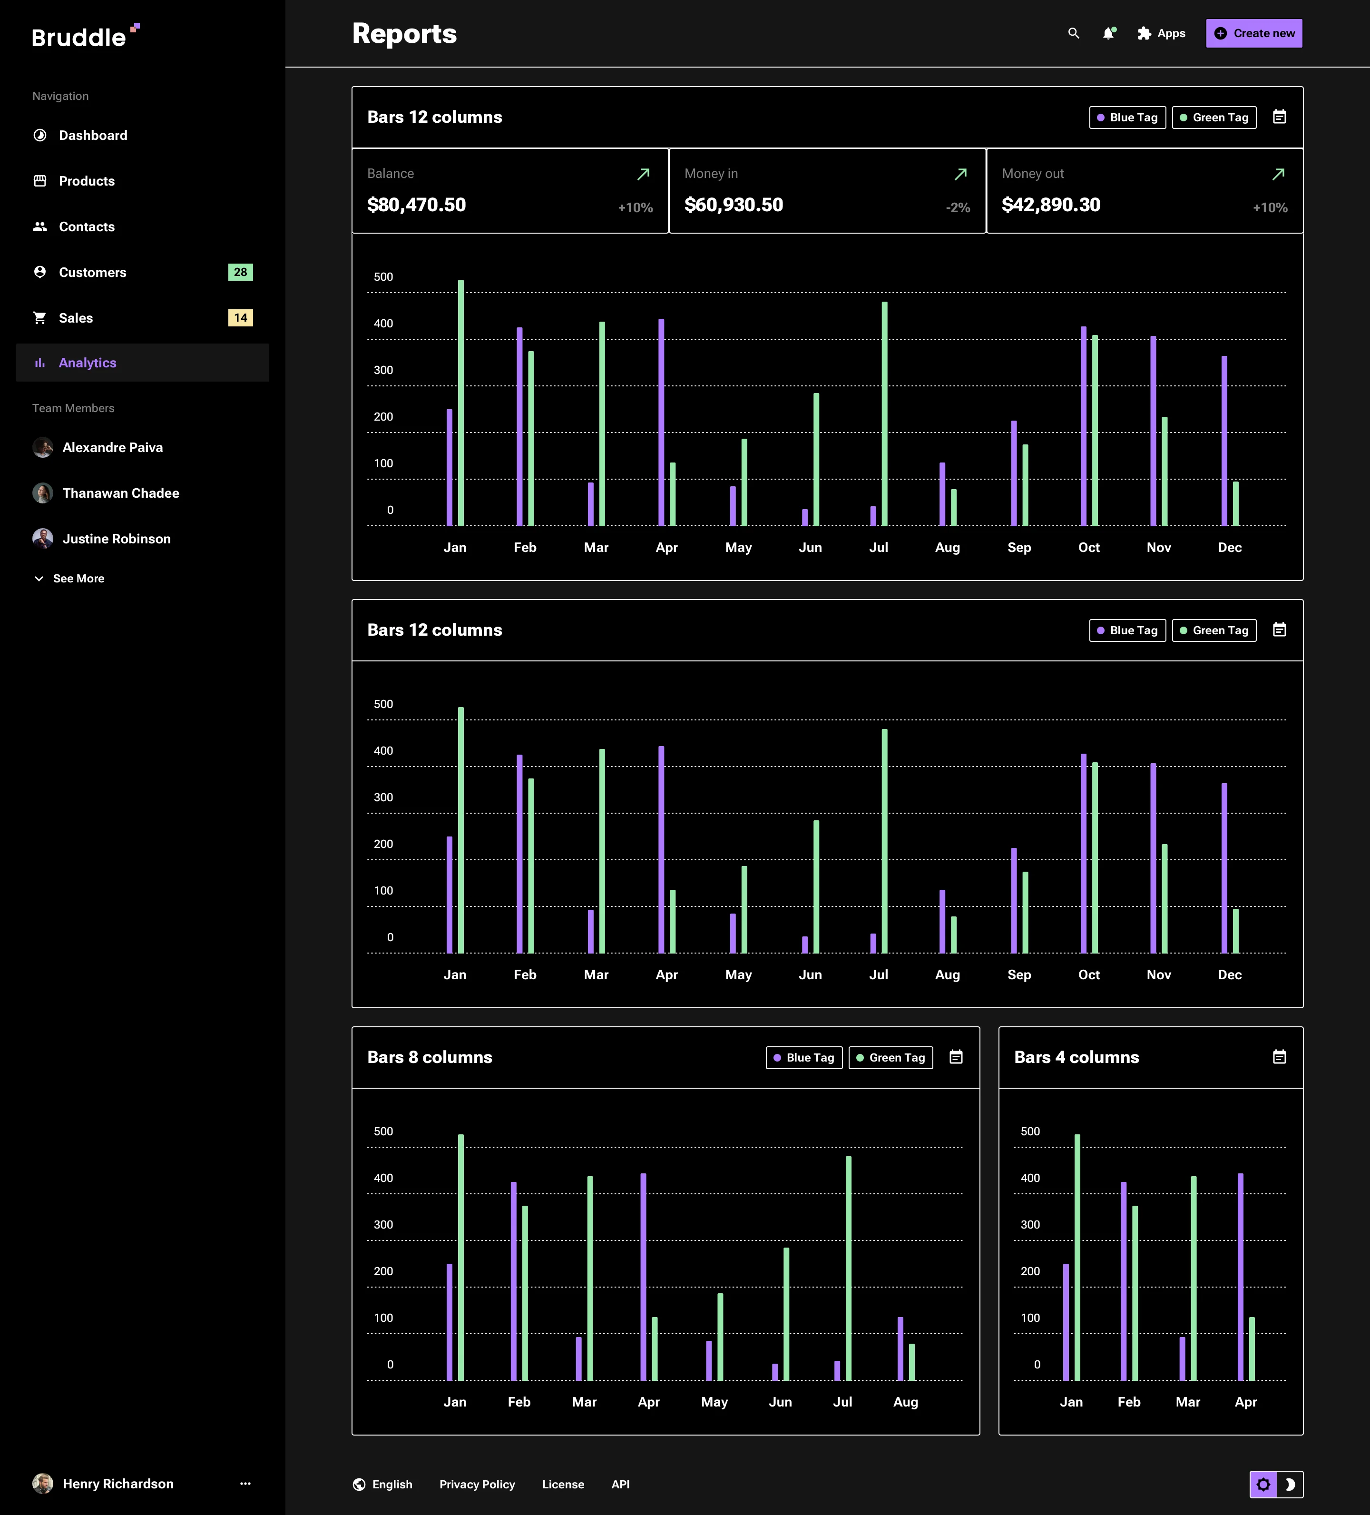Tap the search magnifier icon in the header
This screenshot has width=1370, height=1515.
pyautogui.click(x=1073, y=33)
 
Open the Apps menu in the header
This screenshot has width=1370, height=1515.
pyautogui.click(x=1161, y=33)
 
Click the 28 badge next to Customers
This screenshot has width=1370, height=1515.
pyautogui.click(x=240, y=272)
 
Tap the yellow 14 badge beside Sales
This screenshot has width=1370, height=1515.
pyautogui.click(x=240, y=318)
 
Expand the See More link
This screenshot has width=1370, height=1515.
pyautogui.click(x=78, y=579)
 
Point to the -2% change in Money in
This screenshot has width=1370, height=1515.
pyautogui.click(x=958, y=207)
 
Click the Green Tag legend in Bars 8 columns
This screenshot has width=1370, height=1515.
pyautogui.click(x=891, y=1057)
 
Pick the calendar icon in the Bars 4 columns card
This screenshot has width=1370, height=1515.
pyautogui.click(x=1279, y=1057)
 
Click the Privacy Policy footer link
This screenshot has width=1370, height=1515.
pyautogui.click(x=477, y=1484)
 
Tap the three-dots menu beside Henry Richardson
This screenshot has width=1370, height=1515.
pyautogui.click(x=245, y=1484)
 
